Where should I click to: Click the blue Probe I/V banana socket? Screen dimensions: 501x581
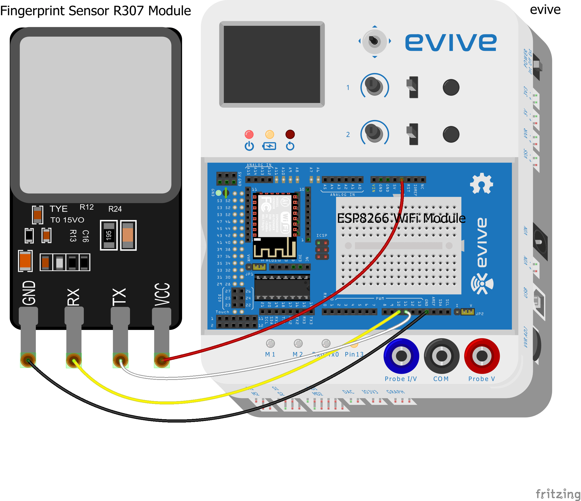(401, 356)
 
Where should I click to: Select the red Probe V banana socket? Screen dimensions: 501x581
(482, 356)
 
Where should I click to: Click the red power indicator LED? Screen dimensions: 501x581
(249, 134)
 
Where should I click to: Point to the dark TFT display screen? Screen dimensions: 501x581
(272, 64)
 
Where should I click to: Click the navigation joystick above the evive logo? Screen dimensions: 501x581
(374, 42)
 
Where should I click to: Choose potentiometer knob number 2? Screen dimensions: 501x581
(374, 132)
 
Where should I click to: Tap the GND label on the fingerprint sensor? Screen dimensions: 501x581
(29, 293)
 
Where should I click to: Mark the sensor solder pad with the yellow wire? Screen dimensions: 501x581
(73, 360)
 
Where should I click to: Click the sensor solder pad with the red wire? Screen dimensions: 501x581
(162, 360)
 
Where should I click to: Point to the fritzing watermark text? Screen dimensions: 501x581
(558, 494)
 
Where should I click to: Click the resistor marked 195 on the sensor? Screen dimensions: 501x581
(109, 235)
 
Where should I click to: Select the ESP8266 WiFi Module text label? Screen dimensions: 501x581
(401, 218)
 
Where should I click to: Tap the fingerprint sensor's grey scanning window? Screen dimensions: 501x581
(95, 115)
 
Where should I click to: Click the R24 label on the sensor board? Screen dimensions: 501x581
(115, 209)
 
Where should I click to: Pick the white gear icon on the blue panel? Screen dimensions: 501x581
(481, 184)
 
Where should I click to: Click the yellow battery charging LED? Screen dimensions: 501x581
(269, 134)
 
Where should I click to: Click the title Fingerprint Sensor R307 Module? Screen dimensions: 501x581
(95, 11)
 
